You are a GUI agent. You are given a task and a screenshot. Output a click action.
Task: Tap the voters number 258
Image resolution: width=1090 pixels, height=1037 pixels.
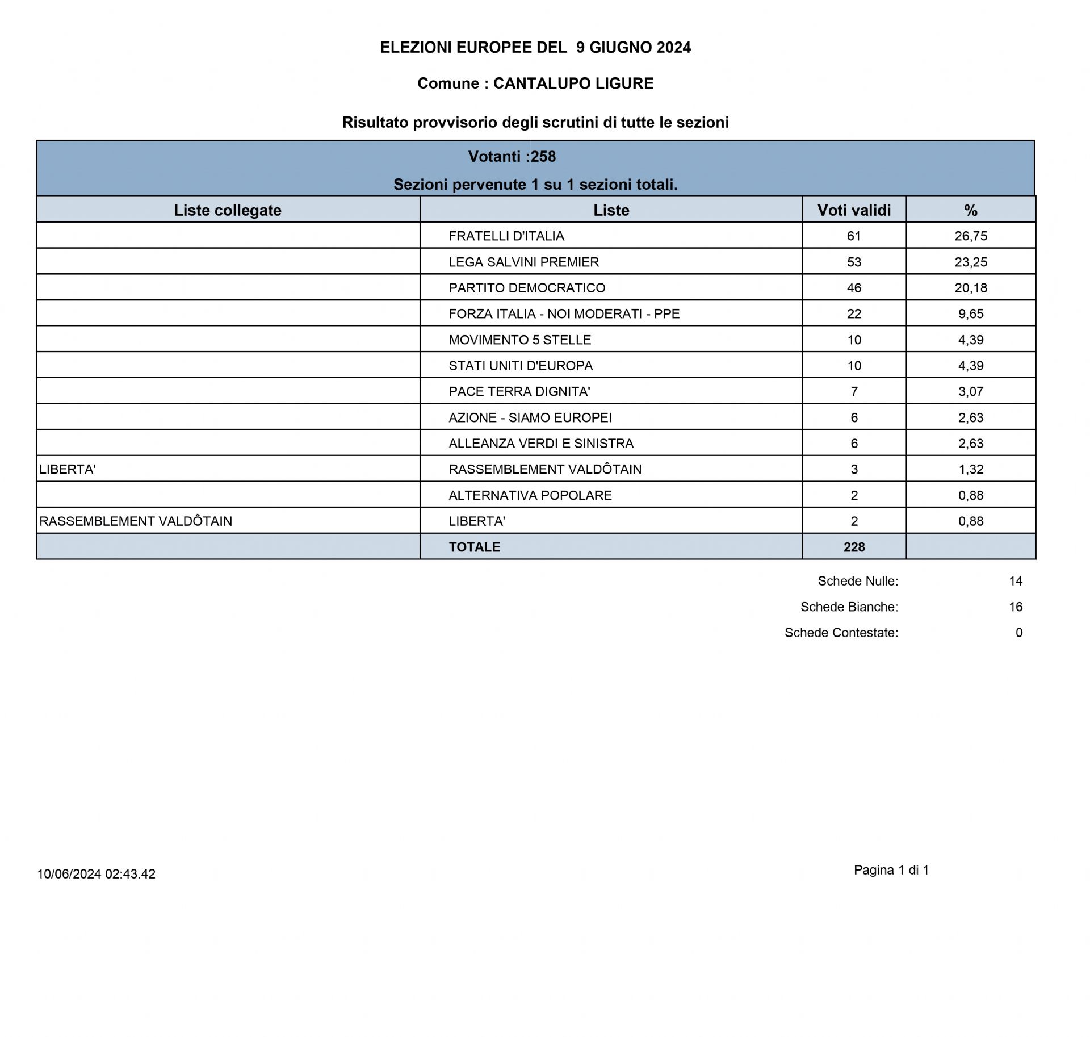pyautogui.click(x=543, y=157)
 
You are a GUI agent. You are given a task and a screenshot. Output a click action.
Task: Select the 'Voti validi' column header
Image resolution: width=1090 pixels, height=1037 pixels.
pyautogui.click(x=854, y=210)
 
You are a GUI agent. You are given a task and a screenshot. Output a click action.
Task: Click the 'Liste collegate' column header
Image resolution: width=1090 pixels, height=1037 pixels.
pyautogui.click(x=228, y=210)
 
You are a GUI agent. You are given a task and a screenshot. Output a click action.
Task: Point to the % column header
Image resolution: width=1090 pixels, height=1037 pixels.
pyautogui.click(x=971, y=210)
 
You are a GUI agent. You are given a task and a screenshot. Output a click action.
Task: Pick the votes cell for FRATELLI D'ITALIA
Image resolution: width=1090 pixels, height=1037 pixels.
pyautogui.click(x=854, y=236)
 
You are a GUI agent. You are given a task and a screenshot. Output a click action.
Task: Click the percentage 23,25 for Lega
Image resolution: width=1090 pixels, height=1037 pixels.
pyautogui.click(x=971, y=262)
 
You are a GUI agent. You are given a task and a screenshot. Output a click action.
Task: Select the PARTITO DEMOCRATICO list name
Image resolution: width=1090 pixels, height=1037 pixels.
pyautogui.click(x=527, y=288)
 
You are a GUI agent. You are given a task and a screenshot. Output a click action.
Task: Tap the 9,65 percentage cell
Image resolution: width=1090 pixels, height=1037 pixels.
pyautogui.click(x=971, y=314)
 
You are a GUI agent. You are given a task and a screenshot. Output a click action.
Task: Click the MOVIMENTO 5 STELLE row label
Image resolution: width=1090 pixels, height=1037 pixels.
pyautogui.click(x=519, y=340)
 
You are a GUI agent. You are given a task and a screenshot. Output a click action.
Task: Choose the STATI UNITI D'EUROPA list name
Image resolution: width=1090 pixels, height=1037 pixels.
pyautogui.click(x=521, y=366)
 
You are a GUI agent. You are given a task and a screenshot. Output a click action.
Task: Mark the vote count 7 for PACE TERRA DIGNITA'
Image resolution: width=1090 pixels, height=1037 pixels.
pyautogui.click(x=854, y=392)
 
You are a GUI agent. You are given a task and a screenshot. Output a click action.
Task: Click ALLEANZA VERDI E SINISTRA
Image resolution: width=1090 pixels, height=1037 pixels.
pyautogui.click(x=541, y=444)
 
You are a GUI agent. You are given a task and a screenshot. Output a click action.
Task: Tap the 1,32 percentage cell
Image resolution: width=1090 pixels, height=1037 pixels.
pyautogui.click(x=971, y=470)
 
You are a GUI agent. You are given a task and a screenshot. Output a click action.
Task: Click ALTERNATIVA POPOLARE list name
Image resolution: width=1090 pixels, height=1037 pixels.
pyautogui.click(x=530, y=495)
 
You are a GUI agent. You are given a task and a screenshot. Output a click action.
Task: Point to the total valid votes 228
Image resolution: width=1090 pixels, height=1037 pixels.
pyautogui.click(x=854, y=547)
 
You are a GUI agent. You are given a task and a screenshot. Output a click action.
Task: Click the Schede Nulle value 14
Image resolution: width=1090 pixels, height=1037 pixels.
pyautogui.click(x=1016, y=581)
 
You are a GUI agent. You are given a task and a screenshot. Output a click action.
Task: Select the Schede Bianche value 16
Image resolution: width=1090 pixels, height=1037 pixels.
pyautogui.click(x=1016, y=607)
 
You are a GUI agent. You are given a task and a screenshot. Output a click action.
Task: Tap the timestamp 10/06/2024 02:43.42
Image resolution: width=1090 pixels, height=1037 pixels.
pyautogui.click(x=97, y=874)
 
